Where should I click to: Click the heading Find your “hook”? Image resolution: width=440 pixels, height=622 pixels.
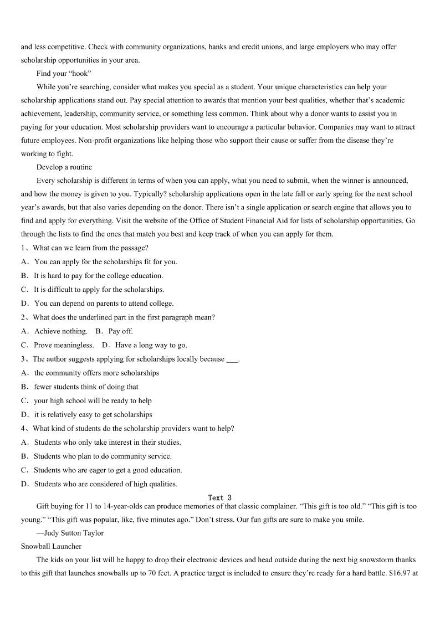pyautogui.click(x=64, y=73)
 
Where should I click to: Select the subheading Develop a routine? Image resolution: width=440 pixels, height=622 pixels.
pyautogui.click(x=64, y=167)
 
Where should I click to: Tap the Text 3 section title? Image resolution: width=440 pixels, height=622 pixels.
pyautogui.click(x=220, y=497)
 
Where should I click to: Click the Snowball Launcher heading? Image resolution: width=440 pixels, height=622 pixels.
pyautogui.click(x=51, y=546)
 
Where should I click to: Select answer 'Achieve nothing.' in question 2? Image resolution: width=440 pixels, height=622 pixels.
pyautogui.click(x=60, y=331)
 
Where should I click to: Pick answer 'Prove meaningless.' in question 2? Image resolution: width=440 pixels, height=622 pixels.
pyautogui.click(x=64, y=345)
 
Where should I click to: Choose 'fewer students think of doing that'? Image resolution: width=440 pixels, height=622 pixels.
pyautogui.click(x=86, y=387)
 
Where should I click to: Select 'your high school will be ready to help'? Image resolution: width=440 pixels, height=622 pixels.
pyautogui.click(x=93, y=400)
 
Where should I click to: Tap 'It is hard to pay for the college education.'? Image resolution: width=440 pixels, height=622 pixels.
pyautogui.click(x=98, y=275)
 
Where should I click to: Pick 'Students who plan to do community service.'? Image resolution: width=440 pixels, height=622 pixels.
pyautogui.click(x=103, y=456)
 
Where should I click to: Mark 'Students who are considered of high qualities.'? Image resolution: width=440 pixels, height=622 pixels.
pyautogui.click(x=105, y=484)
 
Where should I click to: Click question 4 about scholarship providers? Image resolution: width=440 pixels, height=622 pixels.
pyautogui.click(x=133, y=428)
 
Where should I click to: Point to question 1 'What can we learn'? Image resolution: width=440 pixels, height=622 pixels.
pyautogui.click(x=90, y=248)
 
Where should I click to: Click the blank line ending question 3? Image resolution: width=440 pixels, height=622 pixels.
pyautogui.click(x=233, y=359)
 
